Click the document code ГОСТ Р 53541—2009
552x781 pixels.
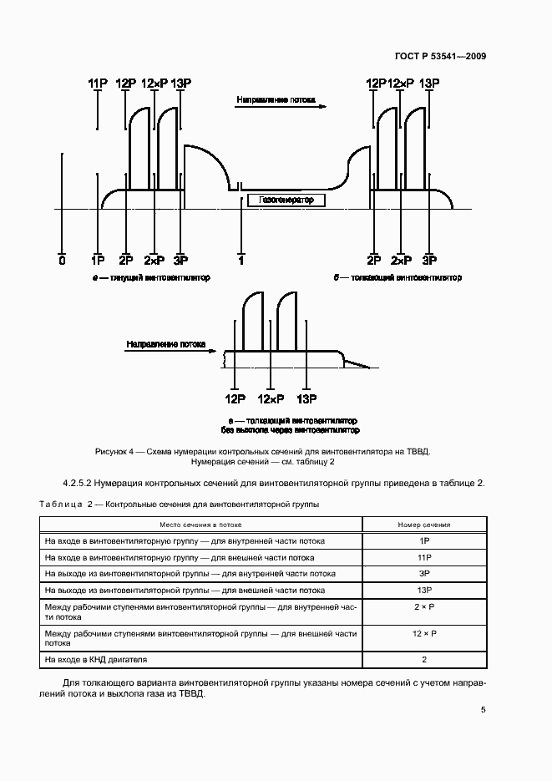click(439, 56)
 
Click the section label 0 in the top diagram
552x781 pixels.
click(62, 261)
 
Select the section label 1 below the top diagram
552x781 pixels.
click(241, 261)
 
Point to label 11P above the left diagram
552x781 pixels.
click(98, 83)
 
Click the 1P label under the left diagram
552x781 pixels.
click(98, 261)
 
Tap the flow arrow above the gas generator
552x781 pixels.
click(281, 104)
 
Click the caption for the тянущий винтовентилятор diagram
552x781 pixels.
click(151, 277)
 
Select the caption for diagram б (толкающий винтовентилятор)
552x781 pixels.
click(398, 277)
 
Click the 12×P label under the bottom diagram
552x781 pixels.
click(271, 399)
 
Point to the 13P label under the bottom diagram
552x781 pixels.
click(306, 399)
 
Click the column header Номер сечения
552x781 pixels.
click(423, 525)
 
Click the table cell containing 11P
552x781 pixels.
click(423, 557)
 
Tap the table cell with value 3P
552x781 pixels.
click(423, 574)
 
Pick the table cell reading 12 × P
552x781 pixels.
click(423, 635)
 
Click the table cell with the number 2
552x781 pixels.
click(423, 660)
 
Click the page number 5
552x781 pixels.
click(483, 710)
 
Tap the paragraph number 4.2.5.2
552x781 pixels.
click(84, 483)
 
